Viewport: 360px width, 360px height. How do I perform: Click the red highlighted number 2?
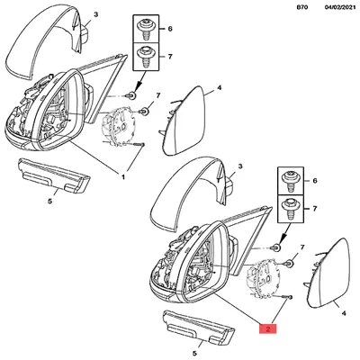point(268,328)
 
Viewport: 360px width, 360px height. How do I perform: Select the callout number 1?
point(123,177)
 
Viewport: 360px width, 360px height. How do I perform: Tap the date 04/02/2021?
point(340,8)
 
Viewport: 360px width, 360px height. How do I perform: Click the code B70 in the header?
point(302,8)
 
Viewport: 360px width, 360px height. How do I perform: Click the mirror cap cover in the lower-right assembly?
point(191,195)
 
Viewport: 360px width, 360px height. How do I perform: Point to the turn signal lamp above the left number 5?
point(54,176)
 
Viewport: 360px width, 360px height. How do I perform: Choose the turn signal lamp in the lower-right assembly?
point(199,327)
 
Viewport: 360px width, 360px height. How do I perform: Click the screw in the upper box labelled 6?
point(147,29)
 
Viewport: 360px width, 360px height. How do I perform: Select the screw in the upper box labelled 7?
point(147,57)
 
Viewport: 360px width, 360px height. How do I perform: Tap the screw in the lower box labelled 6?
point(291,181)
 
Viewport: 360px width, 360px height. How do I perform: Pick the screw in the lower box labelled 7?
point(291,209)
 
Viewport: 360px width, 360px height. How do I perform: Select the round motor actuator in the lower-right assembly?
point(262,277)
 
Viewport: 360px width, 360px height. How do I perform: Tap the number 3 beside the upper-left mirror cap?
point(95,14)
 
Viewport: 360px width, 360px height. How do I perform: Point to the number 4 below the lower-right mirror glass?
point(344,313)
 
